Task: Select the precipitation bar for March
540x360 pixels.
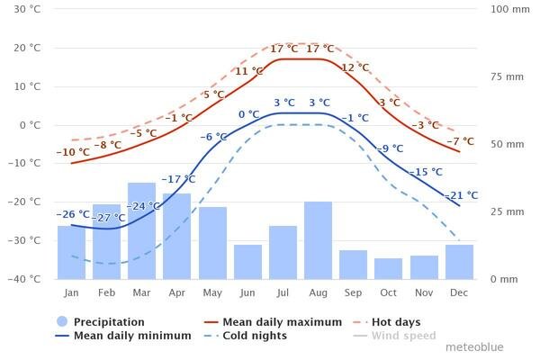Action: coord(141,230)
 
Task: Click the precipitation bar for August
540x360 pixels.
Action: coord(318,239)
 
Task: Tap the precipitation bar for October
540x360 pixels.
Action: coord(389,268)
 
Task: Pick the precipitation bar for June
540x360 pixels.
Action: coord(247,261)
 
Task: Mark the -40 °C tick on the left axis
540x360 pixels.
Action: coord(24,279)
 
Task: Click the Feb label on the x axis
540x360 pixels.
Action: coord(106,293)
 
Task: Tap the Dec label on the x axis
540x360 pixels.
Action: coord(459,293)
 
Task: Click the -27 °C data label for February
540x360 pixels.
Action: coord(110,218)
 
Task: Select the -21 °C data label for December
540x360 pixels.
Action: coord(461,195)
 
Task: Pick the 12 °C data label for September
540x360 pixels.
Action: coord(355,67)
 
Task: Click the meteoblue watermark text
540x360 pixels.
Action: coord(474,346)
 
